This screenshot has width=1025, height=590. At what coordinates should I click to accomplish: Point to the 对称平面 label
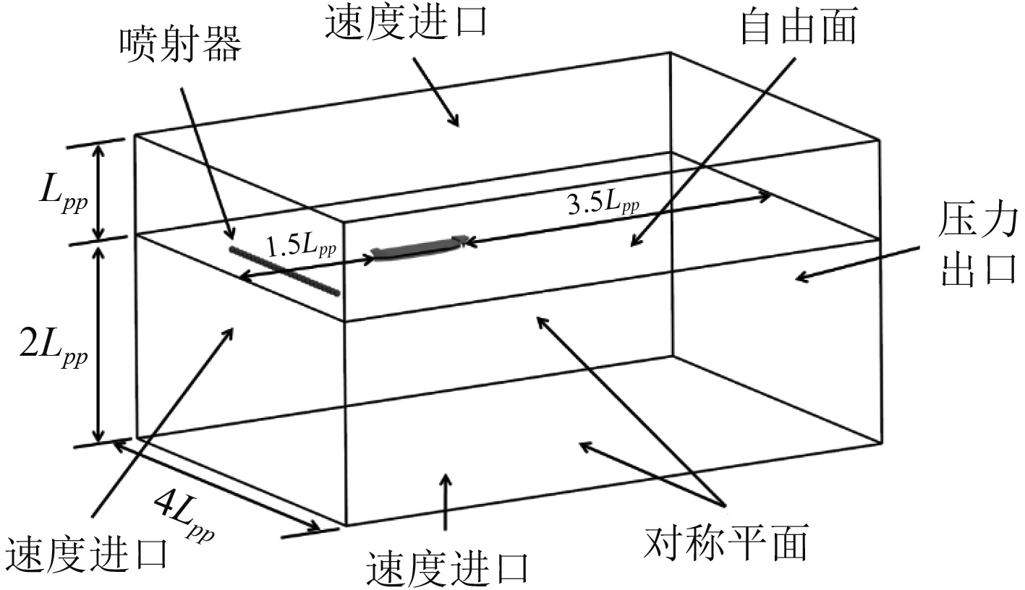726,544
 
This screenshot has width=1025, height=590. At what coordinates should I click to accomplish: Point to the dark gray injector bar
284,270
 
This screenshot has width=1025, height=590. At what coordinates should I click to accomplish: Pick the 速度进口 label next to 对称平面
447,568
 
